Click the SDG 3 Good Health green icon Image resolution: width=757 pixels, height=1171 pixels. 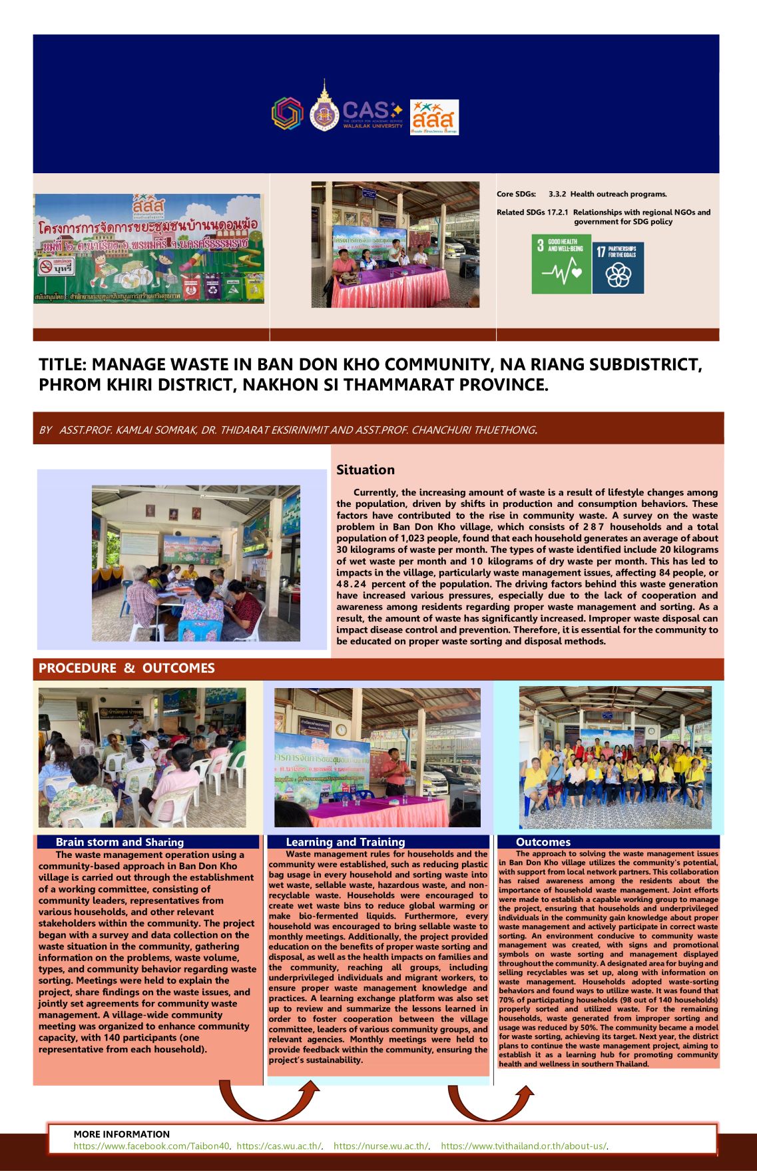coord(561,264)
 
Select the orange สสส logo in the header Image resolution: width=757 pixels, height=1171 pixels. coord(434,117)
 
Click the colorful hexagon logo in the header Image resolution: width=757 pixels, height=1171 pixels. coord(287,113)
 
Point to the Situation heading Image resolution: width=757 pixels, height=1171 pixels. coord(366,470)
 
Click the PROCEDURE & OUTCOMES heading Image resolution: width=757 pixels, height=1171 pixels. coord(126,668)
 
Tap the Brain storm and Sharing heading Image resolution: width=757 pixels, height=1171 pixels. coord(120,842)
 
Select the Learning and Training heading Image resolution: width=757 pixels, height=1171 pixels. coord(345,842)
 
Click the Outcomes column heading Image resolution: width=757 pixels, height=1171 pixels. coord(543,842)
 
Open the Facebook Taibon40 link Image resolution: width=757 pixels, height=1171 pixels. coord(152,1146)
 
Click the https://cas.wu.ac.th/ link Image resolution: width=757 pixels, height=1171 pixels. coord(280,1146)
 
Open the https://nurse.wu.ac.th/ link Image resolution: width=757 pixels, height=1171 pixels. coord(381,1146)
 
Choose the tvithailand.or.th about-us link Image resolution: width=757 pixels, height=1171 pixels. coord(523,1146)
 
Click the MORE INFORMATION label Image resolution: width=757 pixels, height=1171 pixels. coord(122,1134)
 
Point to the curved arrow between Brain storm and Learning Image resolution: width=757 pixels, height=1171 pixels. coord(266,1098)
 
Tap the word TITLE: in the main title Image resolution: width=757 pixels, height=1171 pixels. coord(63,365)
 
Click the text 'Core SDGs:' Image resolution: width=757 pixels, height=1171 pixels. coord(516,195)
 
